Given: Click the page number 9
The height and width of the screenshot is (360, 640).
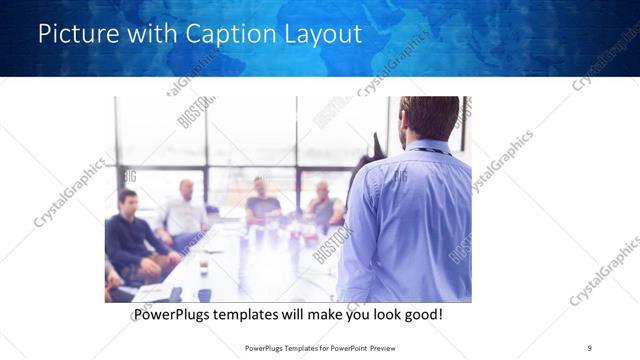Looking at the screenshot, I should pyautogui.click(x=589, y=347).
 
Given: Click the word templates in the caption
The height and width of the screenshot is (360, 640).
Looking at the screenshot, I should pyautogui.click(x=263, y=315).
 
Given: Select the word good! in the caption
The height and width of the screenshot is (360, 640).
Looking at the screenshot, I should pyautogui.click(x=422, y=315).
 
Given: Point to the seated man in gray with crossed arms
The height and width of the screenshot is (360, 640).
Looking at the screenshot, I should pyautogui.click(x=323, y=206).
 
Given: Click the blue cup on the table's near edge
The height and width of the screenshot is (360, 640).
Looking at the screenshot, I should pyautogui.click(x=204, y=294).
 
